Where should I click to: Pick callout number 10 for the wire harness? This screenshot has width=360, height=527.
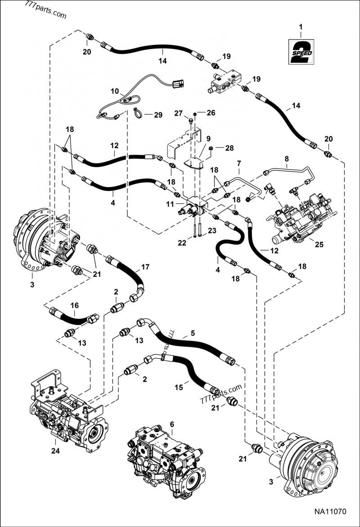tap(115, 91)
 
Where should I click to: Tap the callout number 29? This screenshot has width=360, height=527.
tap(157, 115)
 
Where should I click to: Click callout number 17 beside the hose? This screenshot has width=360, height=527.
tap(145, 267)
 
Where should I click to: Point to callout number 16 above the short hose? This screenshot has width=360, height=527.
tap(74, 305)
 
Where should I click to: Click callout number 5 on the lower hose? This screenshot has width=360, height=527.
tap(192, 333)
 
